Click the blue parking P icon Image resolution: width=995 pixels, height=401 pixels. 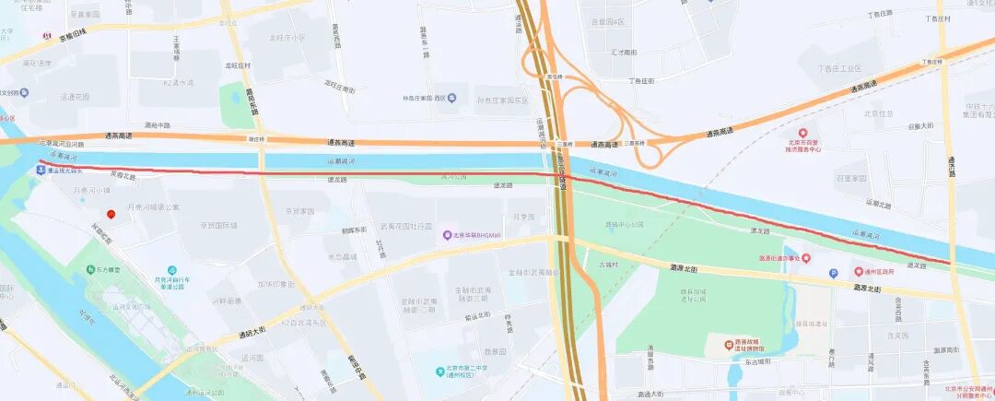point(834,273)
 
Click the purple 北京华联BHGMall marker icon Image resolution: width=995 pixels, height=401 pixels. point(447,235)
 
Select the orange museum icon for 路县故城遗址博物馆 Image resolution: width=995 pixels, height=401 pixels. point(714,344)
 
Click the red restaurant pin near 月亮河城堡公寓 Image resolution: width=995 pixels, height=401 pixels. point(111,214)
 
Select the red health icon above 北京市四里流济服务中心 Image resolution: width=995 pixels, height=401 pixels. point(802,135)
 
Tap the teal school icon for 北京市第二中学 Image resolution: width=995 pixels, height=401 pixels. point(441,372)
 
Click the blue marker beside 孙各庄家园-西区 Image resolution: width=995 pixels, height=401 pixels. point(451,98)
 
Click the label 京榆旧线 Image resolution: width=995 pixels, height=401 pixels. point(72,33)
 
